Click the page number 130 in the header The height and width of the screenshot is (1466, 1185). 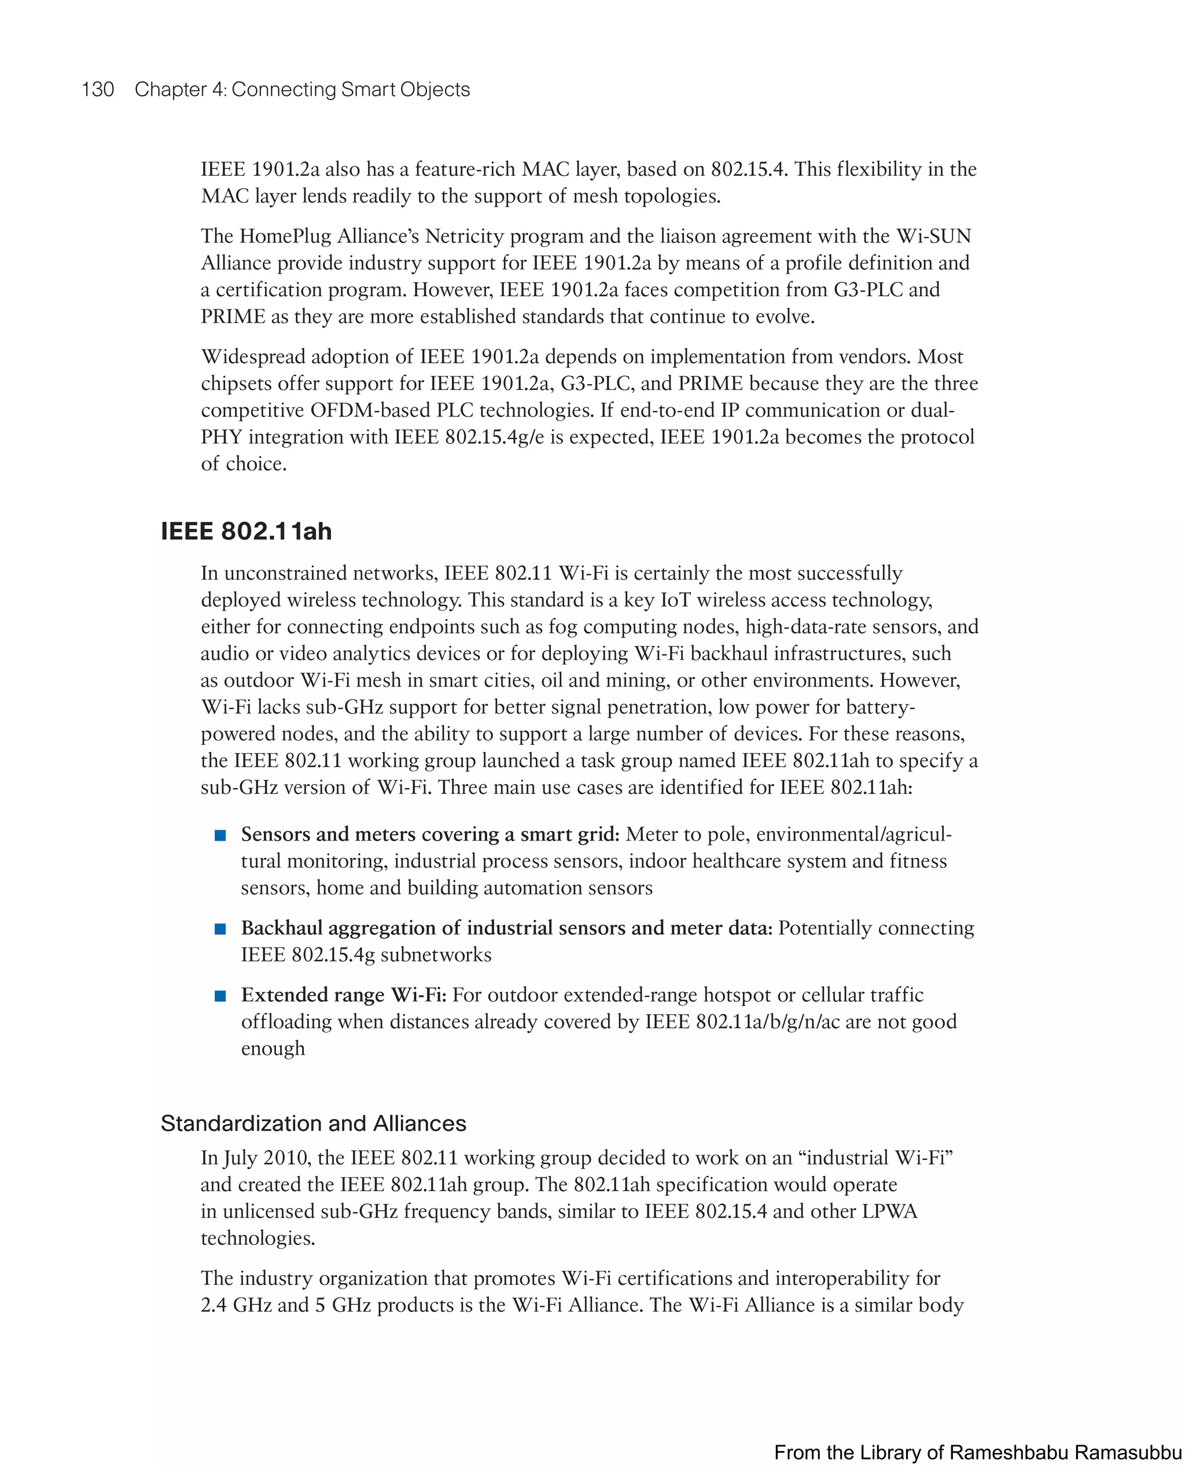coord(98,90)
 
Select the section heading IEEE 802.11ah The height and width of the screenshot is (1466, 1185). coord(246,531)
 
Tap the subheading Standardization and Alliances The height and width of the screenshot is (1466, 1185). coord(313,1124)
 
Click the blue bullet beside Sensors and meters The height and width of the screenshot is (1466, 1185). coord(220,835)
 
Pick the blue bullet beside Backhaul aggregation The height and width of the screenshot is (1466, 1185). coord(220,929)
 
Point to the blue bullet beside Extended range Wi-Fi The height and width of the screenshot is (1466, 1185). coord(220,996)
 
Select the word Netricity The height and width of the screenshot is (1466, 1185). coord(464,236)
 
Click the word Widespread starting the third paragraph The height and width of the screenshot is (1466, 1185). coord(252,357)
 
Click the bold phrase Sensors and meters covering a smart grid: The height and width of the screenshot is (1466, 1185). coord(430,835)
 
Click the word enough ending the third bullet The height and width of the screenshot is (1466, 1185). coord(273,1049)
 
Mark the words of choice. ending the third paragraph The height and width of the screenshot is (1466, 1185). coord(243,464)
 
